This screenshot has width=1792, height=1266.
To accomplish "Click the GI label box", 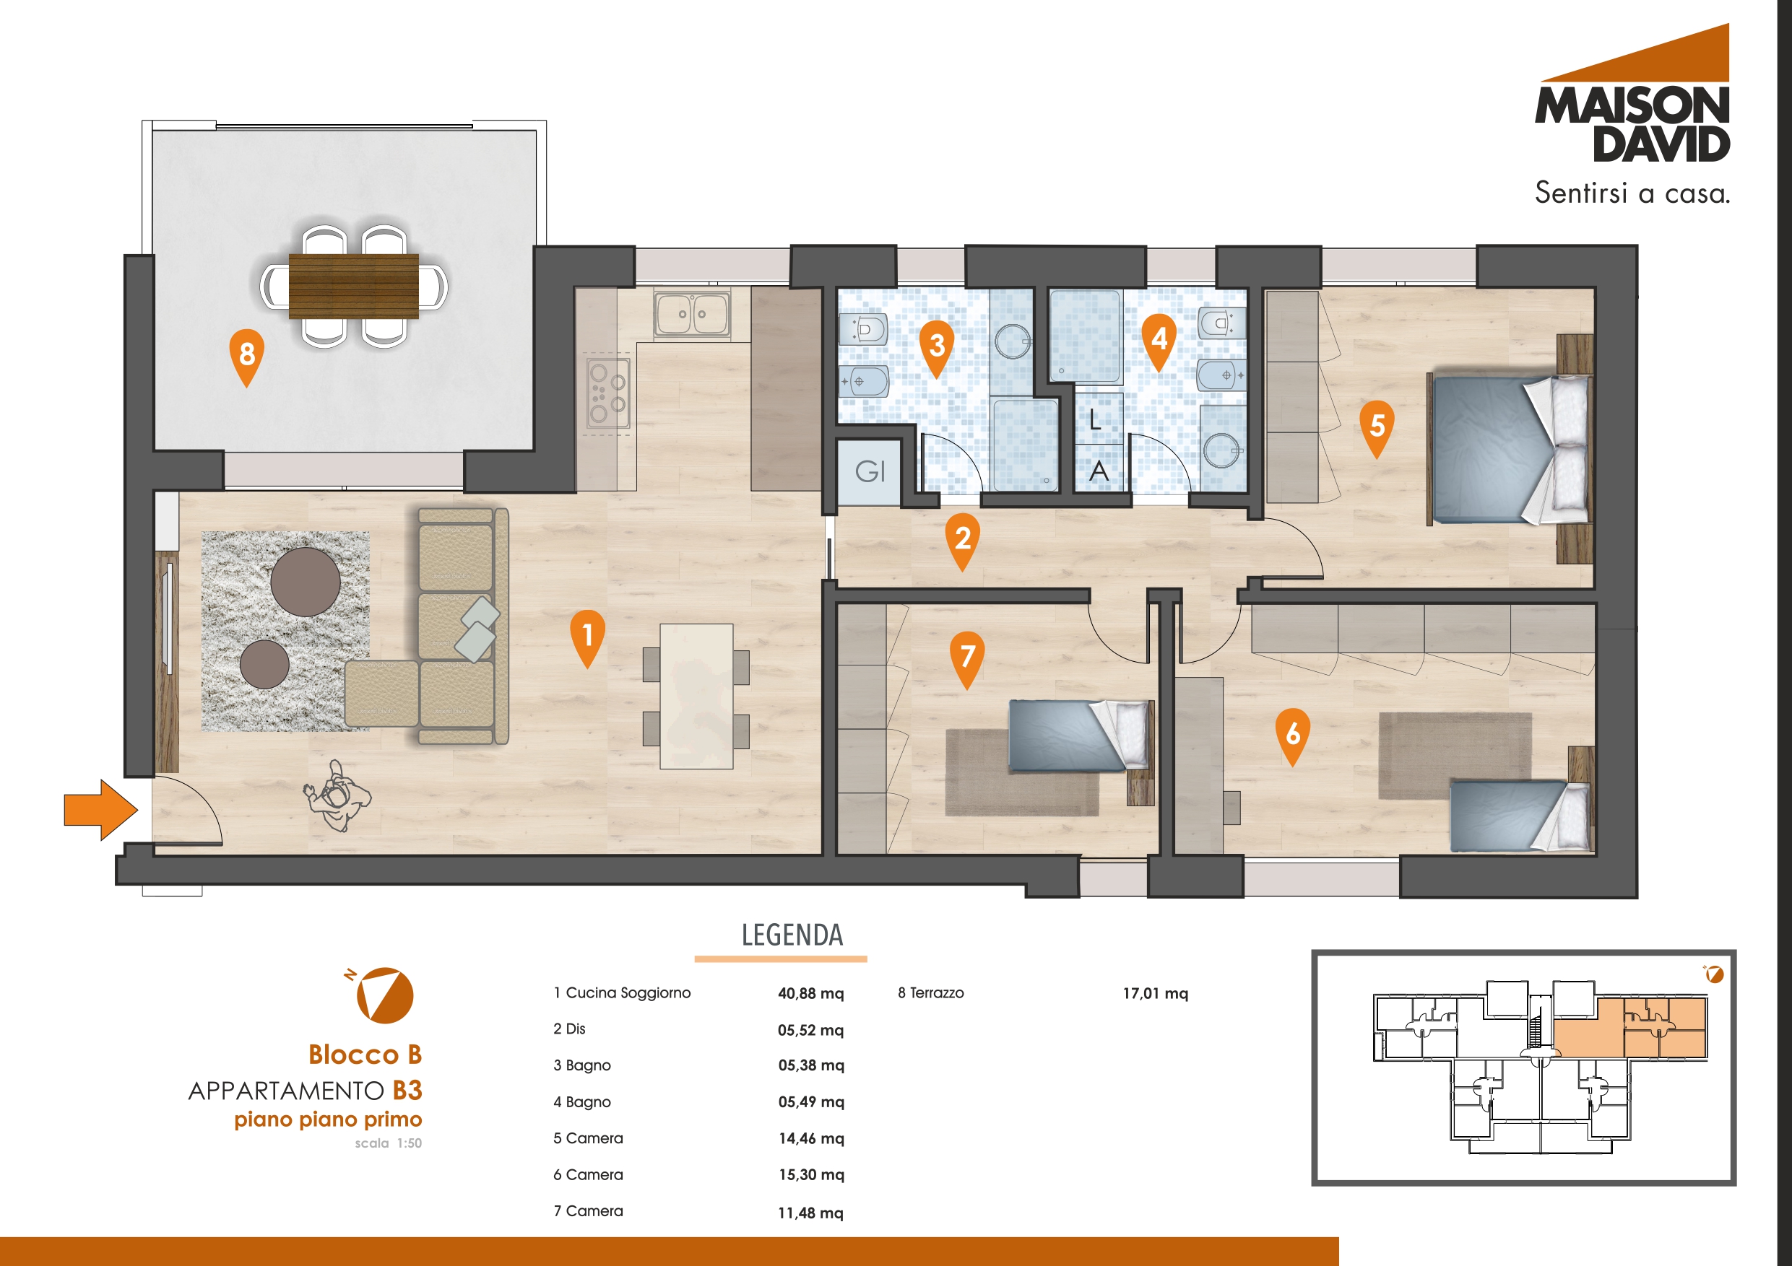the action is coord(870,471).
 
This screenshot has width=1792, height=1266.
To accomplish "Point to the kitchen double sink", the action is coord(692,315).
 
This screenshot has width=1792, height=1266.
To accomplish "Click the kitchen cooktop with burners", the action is coord(607,392).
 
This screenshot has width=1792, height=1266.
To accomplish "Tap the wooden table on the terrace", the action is coord(354,286).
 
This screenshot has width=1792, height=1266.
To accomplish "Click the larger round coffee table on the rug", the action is coord(306,582).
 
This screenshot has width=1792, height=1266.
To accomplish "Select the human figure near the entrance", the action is coord(337,796).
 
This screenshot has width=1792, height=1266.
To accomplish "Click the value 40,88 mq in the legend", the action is coord(811,993).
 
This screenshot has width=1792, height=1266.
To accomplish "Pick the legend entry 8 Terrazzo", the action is coord(930,993).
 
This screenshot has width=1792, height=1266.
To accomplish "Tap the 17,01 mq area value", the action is coord(1155,993).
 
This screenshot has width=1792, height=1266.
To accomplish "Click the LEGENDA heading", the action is coord(792,935).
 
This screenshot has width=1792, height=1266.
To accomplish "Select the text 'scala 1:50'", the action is coord(388,1143).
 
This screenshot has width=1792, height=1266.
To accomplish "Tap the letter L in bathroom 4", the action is coord(1095,422).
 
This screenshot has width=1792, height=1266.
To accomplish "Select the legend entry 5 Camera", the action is coord(588,1138).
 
